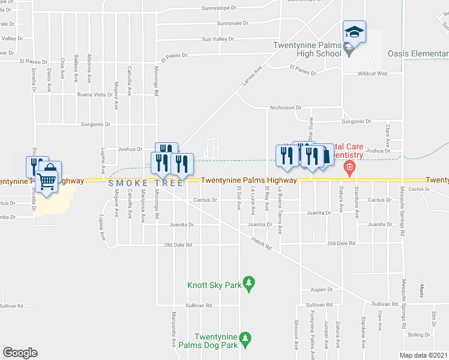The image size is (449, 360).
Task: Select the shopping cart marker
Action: [47, 180]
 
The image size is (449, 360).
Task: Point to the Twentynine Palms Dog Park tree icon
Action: [245, 340]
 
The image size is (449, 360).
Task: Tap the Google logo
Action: [20, 353]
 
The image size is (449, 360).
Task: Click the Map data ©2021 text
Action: [423, 355]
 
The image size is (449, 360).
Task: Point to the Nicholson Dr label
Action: [285, 108]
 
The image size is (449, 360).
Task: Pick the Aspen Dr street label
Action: [321, 289]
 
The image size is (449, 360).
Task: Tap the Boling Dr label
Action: [415, 335]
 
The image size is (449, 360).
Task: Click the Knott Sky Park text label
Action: [214, 286]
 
